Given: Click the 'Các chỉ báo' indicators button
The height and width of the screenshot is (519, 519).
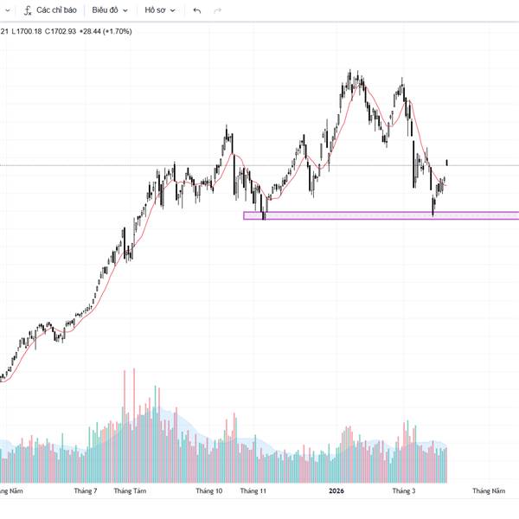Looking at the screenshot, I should [x=56, y=10].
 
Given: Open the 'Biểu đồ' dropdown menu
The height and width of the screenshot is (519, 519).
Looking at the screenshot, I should [x=111, y=10].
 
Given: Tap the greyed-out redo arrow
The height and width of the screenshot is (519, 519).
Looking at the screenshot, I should [x=217, y=10].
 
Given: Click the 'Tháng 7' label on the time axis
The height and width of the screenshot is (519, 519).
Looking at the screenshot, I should [x=86, y=490].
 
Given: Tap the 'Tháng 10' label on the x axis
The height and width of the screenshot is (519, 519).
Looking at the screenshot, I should [x=208, y=490].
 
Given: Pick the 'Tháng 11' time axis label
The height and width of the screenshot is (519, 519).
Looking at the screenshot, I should [x=253, y=490].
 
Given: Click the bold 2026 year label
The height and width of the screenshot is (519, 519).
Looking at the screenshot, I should [x=336, y=490].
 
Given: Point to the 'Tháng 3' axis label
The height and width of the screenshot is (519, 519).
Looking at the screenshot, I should [x=404, y=490].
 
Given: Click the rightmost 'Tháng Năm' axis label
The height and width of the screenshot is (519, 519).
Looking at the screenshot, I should [x=488, y=490].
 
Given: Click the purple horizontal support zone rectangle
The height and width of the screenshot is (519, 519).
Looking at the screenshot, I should [x=381, y=215].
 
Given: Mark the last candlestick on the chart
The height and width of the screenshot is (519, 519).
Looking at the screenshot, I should [x=446, y=162].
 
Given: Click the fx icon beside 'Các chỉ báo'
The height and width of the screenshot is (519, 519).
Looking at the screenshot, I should [x=28, y=10].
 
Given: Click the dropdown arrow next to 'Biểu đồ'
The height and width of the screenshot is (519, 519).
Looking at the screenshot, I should [x=125, y=10].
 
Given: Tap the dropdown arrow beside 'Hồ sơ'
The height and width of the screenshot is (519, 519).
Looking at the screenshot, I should [x=172, y=10].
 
